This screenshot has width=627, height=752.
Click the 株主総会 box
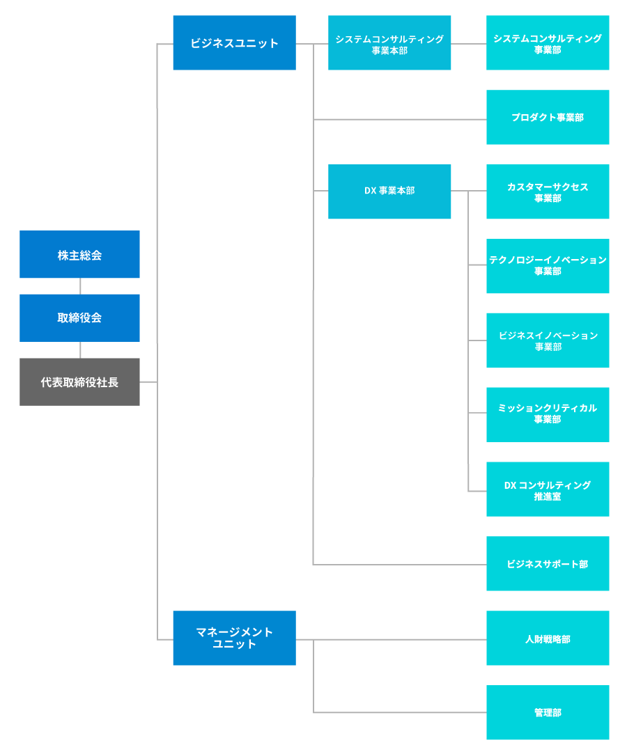(79, 254)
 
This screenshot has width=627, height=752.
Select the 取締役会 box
(79, 318)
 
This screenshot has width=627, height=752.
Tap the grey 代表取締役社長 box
(79, 382)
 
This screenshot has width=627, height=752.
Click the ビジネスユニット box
(235, 42)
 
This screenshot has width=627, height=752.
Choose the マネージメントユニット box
(235, 638)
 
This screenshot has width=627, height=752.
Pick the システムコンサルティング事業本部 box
(389, 42)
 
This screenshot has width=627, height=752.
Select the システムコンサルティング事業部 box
(548, 42)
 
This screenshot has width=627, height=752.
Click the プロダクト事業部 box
(548, 117)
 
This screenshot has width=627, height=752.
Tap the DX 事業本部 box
(389, 191)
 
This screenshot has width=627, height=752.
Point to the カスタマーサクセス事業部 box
(548, 191)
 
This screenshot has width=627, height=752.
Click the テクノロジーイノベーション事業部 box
(548, 266)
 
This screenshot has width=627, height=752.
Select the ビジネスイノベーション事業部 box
(548, 340)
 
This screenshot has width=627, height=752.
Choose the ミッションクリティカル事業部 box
(548, 415)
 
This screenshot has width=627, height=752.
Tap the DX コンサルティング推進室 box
(548, 489)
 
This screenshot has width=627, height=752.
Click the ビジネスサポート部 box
(548, 563)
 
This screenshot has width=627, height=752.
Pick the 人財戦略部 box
(548, 638)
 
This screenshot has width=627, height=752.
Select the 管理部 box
(548, 712)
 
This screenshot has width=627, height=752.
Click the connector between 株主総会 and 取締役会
(80, 286)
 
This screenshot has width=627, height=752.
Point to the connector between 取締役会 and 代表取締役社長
(80, 350)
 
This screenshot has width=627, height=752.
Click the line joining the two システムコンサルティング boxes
(469, 44)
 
